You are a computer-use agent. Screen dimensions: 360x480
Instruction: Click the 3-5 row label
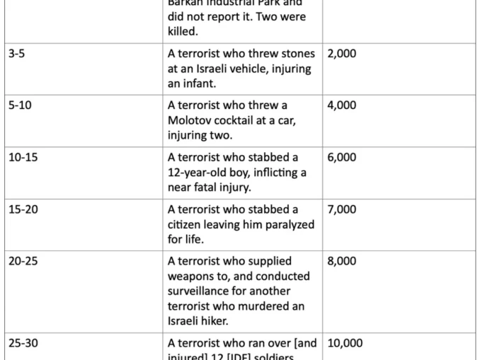(17, 53)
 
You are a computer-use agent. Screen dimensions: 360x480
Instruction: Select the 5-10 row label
(20, 105)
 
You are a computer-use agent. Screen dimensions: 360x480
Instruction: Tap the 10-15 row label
(23, 157)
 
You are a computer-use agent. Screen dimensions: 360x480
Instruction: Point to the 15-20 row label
(23, 209)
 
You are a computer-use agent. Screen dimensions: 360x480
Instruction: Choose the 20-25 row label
(23, 261)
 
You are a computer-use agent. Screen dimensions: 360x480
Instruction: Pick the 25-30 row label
(23, 343)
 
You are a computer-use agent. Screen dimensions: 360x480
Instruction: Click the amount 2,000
(342, 53)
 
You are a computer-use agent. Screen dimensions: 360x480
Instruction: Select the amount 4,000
(342, 105)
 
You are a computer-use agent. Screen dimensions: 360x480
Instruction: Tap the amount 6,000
(342, 157)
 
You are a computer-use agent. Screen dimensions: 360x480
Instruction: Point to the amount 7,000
(342, 209)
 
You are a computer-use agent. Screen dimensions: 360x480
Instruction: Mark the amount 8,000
(342, 261)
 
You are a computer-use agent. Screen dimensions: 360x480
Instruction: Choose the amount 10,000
(345, 343)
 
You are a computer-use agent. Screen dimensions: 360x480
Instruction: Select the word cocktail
(239, 120)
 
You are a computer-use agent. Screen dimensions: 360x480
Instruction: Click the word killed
(183, 31)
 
